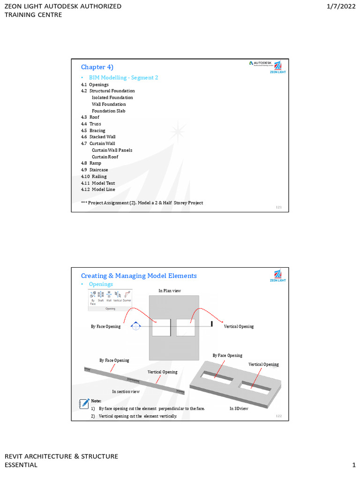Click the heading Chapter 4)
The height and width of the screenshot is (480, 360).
[97, 67]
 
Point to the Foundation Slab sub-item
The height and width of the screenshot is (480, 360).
[108, 111]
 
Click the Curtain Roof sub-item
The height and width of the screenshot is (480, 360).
[105, 157]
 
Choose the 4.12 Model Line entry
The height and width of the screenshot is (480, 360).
[98, 189]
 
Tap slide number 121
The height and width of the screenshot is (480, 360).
[279, 207]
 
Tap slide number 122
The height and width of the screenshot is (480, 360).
[279, 416]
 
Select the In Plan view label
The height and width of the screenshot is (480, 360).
[170, 291]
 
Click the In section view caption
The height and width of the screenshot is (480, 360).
[126, 391]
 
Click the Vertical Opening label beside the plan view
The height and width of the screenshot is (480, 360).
[239, 326]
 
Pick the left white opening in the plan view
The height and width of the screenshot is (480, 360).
[161, 327]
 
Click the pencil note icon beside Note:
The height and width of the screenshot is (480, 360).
[84, 403]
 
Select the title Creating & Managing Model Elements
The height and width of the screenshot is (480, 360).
[139, 276]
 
